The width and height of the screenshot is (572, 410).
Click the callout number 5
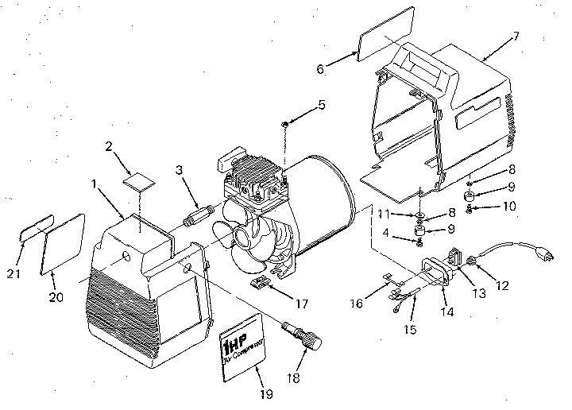(321, 104)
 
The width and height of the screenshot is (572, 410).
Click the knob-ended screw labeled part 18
(303, 337)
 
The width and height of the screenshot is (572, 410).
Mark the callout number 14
(447, 314)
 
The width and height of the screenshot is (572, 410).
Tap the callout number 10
(508, 206)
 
